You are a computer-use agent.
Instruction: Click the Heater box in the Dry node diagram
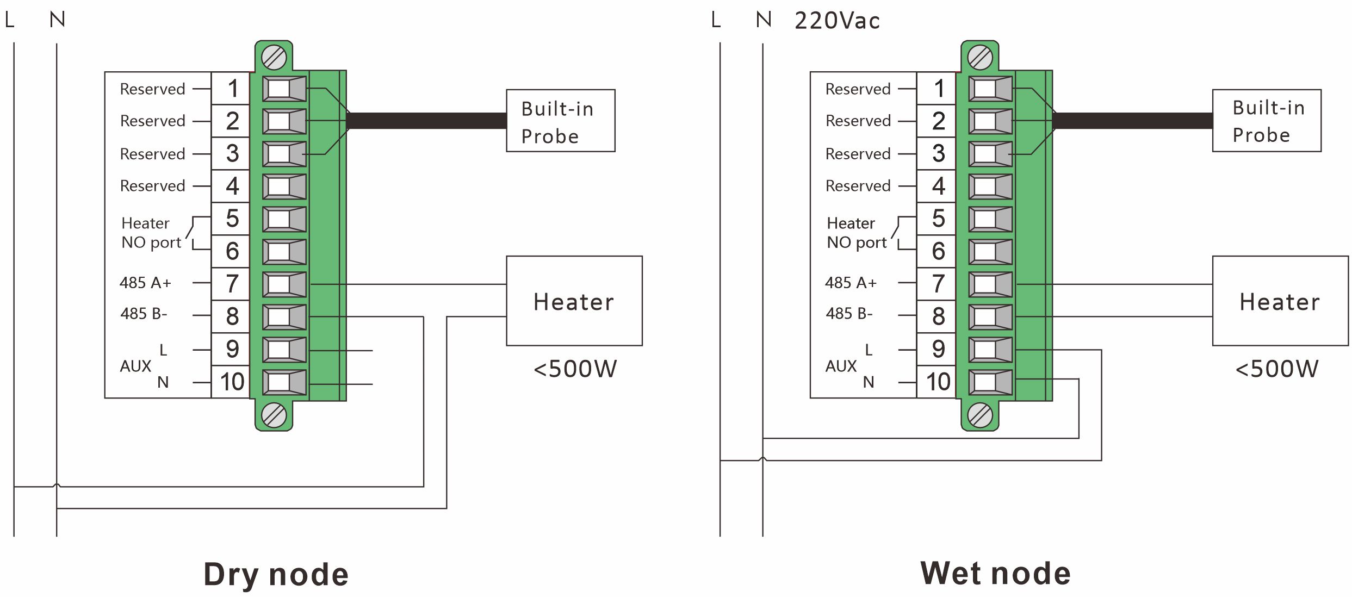pos(574,301)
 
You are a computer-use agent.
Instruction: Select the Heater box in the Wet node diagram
pos(1280,301)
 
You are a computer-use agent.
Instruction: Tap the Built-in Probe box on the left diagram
pos(560,121)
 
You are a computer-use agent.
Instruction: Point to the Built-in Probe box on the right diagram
pos(1266,121)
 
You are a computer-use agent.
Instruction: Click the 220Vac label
pos(836,21)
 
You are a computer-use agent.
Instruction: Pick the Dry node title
pos(276,574)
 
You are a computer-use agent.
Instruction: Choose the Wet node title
pos(995,573)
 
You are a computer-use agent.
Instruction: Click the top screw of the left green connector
pos(274,58)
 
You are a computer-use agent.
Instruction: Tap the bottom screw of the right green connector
pos(980,416)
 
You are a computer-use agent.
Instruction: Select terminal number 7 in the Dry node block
pos(232,284)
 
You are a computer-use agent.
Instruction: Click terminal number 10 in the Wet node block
pos(938,382)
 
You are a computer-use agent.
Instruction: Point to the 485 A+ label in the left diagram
pos(145,283)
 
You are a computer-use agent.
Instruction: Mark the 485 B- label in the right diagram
pos(849,314)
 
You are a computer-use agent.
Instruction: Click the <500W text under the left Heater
pos(575,369)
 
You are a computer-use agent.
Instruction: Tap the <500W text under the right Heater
pos(1276,369)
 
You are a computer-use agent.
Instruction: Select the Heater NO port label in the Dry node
pos(151,233)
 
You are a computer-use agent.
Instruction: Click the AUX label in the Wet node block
pos(841,366)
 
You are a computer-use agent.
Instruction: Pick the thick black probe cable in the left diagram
pos(427,121)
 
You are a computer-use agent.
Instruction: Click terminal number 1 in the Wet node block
pos(938,89)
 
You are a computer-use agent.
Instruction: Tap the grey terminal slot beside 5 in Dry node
pos(284,219)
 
